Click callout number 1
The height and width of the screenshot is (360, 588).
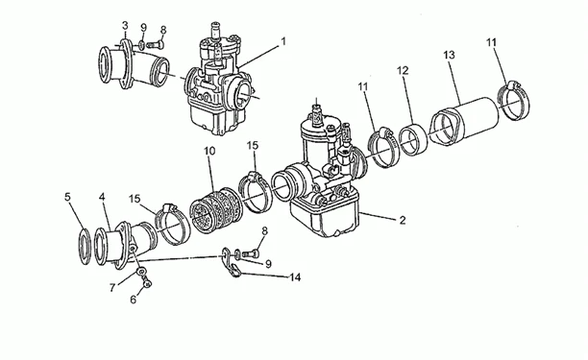point(283,41)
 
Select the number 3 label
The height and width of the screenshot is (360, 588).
point(125,24)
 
